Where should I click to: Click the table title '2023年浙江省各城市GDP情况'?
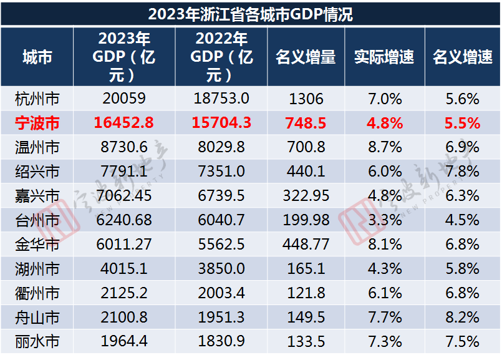click(x=251, y=14)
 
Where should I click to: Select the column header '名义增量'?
click(x=306, y=57)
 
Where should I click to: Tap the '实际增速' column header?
click(x=384, y=57)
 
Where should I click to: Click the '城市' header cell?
click(x=37, y=57)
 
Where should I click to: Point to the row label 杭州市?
click(x=37, y=99)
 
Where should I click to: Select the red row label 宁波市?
click(x=37, y=123)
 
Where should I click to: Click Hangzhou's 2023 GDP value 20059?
click(x=124, y=99)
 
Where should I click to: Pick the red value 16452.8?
click(x=124, y=123)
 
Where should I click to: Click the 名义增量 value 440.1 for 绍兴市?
click(x=306, y=172)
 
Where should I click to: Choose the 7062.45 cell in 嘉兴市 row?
click(x=124, y=196)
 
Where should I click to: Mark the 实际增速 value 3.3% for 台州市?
click(x=384, y=220)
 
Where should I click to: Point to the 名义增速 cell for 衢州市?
click(x=462, y=293)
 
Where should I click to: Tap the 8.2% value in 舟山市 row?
click(x=462, y=318)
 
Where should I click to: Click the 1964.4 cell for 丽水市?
click(x=124, y=342)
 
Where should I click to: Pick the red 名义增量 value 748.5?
click(x=306, y=123)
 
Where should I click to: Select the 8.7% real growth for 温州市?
click(x=384, y=147)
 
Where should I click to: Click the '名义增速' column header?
click(x=462, y=57)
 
